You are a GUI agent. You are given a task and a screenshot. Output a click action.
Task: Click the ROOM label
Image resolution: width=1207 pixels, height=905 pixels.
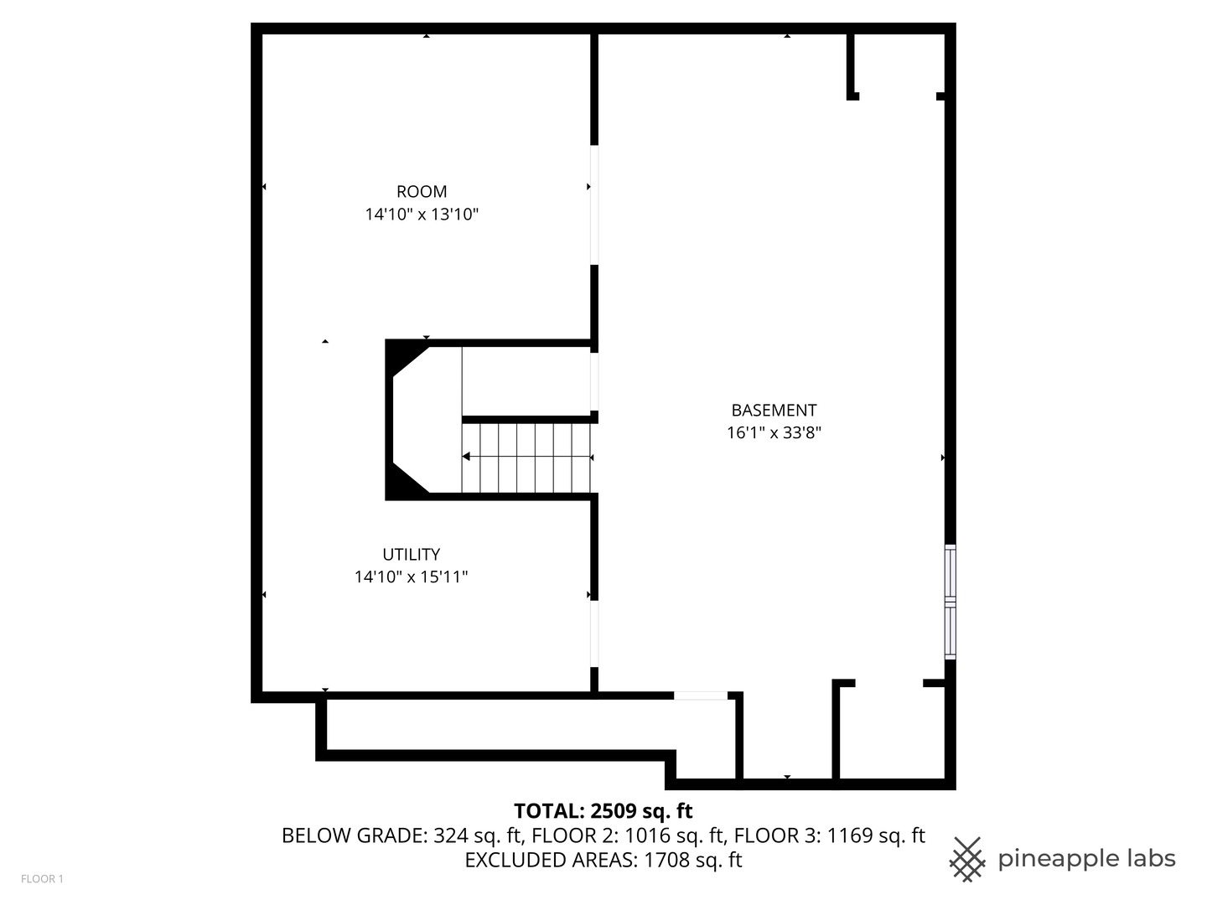422,192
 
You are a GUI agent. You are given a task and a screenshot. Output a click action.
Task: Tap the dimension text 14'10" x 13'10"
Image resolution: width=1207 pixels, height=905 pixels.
422,215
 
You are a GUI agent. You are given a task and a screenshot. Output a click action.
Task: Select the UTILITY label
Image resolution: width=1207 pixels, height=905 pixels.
411,555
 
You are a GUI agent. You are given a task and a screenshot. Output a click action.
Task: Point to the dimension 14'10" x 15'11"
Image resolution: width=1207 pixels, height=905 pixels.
411,577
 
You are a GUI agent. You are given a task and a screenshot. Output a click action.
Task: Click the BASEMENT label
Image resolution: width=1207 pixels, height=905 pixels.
774,411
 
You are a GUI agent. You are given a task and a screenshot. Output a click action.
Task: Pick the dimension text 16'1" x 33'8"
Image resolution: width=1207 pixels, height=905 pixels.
774,433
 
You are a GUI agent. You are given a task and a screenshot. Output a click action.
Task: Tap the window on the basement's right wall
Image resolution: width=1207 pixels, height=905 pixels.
950,601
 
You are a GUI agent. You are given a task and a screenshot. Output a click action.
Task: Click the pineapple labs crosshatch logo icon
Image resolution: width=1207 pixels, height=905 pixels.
966,859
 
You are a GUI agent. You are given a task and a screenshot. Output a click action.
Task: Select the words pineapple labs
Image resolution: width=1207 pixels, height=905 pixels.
1086,859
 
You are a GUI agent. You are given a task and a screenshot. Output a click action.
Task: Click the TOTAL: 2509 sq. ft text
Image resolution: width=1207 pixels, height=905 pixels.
603,811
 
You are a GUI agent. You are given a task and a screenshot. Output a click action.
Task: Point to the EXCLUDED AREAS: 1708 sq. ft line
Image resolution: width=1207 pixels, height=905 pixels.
603,861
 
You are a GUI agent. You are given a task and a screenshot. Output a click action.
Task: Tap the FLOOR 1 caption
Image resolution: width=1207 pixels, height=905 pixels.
42,879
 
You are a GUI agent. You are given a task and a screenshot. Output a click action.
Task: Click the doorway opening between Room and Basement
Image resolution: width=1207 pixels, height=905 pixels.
594,205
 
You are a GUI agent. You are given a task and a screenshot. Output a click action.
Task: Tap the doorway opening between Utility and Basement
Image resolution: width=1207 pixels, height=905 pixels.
594,633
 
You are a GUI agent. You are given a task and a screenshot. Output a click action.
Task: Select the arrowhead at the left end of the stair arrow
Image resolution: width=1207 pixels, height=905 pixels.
466,457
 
